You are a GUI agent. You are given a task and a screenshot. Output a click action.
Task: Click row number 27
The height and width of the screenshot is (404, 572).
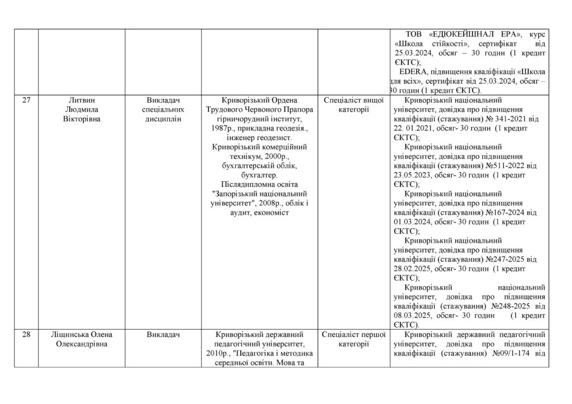(x=26, y=100)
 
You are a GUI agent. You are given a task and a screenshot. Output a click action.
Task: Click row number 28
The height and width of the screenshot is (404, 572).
(x=26, y=335)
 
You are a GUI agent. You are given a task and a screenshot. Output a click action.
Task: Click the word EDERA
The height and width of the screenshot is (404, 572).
(x=414, y=72)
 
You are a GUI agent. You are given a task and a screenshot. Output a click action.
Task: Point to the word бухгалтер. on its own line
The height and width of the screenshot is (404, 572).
(x=259, y=175)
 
